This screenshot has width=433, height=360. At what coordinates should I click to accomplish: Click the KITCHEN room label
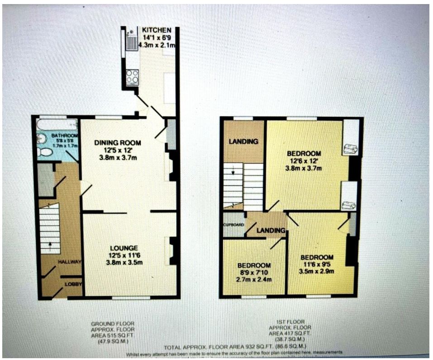coord(156,29)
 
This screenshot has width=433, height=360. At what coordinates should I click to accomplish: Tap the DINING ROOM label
coord(118,143)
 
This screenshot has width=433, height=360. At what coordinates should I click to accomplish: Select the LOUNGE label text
coord(124,248)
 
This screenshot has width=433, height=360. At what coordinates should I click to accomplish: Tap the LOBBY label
coord(72,284)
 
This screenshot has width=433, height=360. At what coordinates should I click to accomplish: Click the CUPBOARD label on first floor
coord(233,225)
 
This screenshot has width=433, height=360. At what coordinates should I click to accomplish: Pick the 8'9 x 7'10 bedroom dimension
coord(254,272)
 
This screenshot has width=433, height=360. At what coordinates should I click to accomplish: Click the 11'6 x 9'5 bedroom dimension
coord(317,264)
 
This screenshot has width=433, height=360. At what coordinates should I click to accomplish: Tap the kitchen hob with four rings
coord(132,76)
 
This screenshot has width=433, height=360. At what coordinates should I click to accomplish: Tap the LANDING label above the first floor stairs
coord(243,142)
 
